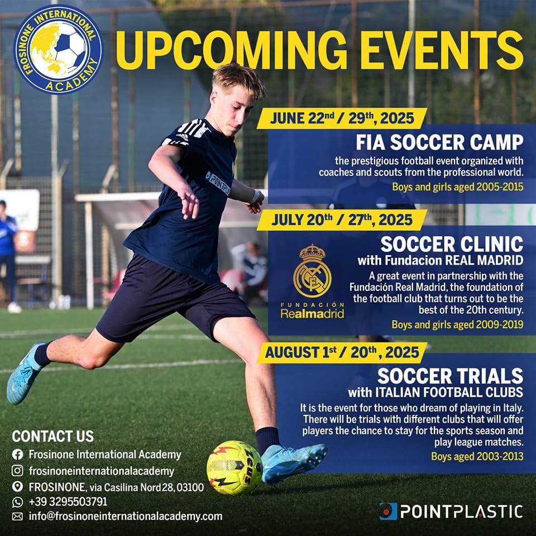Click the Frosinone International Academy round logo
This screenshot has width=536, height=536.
[x=58, y=50]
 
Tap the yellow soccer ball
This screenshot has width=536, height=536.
[x=234, y=467]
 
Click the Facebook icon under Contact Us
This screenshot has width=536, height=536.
[x=17, y=454]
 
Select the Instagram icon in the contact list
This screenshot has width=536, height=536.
[x=17, y=471]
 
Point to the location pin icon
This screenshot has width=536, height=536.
[x=17, y=486]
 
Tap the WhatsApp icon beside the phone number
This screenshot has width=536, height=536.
[x=17, y=502]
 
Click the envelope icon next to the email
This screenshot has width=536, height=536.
[x=17, y=516]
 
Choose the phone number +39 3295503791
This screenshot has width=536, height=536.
[x=68, y=501]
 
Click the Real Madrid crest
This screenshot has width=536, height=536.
[x=312, y=271]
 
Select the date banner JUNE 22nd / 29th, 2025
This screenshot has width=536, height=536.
[x=342, y=118]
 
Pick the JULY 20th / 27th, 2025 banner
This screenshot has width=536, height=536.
[x=342, y=220]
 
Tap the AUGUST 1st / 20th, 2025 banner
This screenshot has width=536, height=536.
[x=342, y=352]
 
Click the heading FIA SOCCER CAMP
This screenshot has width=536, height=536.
[x=439, y=142]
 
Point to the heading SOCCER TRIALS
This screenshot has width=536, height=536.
[x=450, y=376]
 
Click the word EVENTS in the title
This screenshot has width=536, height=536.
[x=442, y=50]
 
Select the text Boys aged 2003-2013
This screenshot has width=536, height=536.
[x=477, y=456]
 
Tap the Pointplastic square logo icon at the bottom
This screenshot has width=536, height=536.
[x=389, y=511]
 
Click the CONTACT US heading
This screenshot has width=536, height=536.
[x=52, y=436]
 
